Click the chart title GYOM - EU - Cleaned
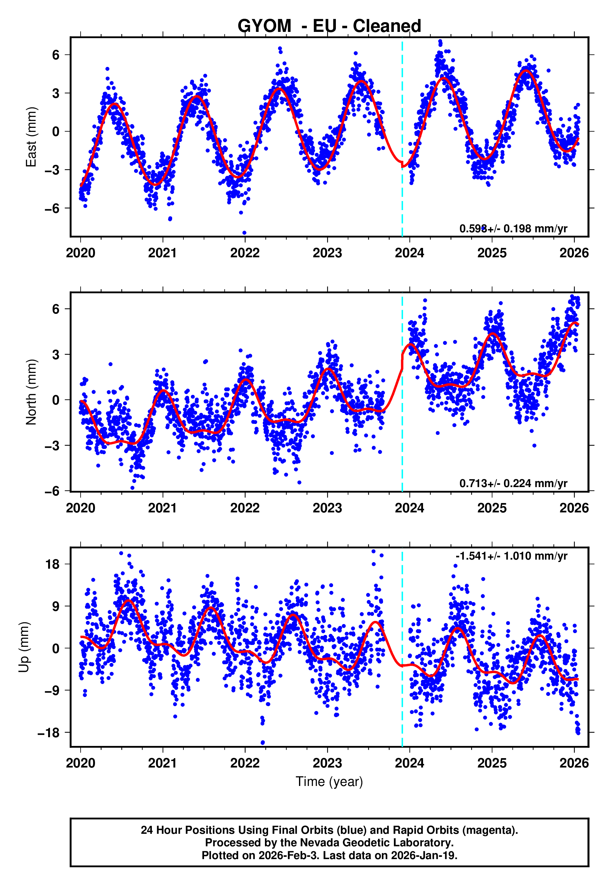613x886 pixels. click(x=329, y=26)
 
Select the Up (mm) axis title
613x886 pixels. click(x=24, y=647)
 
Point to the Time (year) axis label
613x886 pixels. click(x=329, y=782)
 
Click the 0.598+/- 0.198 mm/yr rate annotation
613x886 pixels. click(x=513, y=229)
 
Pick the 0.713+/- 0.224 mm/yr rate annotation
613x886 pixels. click(x=513, y=483)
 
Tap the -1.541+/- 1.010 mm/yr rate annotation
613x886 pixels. click(x=511, y=556)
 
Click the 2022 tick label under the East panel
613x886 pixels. click(x=245, y=253)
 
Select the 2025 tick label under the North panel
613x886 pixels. click(x=492, y=508)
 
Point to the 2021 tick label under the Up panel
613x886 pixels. click(x=162, y=763)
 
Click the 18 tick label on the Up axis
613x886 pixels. click(x=52, y=564)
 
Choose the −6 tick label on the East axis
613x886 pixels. click(x=52, y=208)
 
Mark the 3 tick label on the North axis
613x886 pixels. click(x=56, y=354)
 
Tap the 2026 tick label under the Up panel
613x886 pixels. click(x=574, y=763)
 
